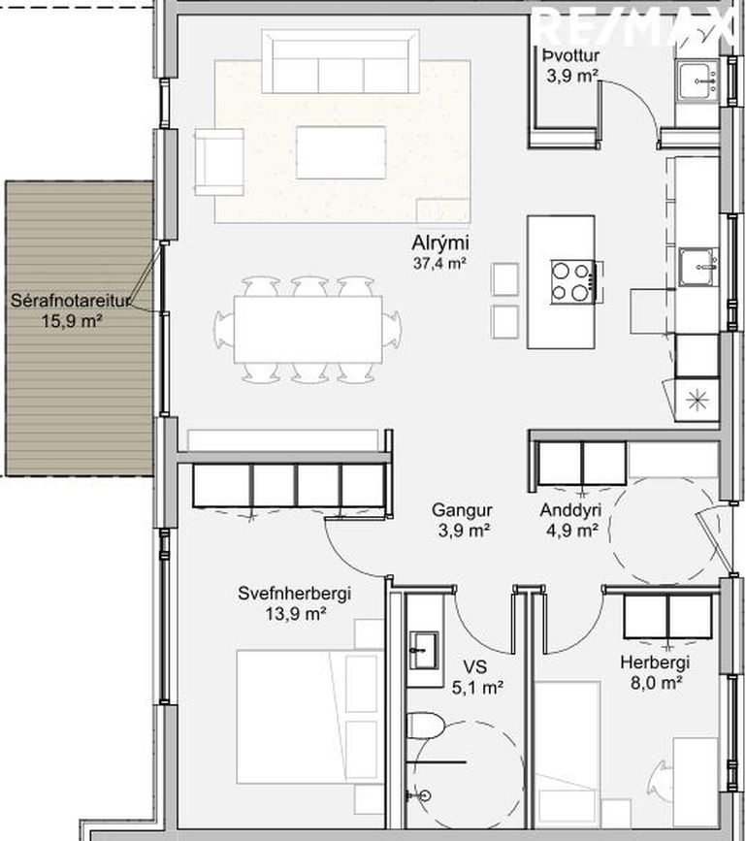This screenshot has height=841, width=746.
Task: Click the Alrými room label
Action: [439, 243]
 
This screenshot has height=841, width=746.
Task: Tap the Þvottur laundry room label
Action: [570, 55]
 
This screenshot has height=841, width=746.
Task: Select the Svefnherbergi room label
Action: [295, 594]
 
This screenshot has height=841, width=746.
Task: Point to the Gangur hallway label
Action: [462, 510]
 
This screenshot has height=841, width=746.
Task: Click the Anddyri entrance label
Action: [570, 510]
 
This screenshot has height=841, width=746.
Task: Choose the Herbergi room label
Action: [654, 663]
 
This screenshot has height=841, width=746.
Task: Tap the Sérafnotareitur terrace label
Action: [70, 301]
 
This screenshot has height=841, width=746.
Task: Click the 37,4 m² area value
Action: [439, 263]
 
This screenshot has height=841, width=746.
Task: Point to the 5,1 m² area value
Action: [476, 688]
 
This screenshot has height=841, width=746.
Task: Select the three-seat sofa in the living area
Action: [341, 61]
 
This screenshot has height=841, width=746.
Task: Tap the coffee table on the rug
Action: [341, 152]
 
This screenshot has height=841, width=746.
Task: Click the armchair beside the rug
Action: [219, 162]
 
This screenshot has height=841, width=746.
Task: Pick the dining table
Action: [308, 330]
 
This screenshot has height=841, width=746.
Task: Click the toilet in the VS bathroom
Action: [426, 726]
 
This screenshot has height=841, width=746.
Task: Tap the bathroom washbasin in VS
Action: [424, 650]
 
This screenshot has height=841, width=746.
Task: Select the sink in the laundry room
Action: [697, 81]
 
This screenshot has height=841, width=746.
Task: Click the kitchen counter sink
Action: [698, 267]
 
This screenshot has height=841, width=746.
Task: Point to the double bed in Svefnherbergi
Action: [310, 717]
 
